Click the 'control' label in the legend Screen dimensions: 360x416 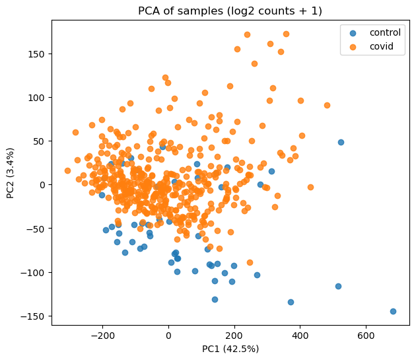pos(385,32)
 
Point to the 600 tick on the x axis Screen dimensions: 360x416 pos(366,333)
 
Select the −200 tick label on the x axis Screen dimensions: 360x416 pos(102,333)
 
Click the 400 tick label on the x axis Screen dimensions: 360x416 pos(300,333)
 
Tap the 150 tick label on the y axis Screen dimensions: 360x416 pos(33,54)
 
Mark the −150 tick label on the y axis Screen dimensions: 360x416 pos(30,316)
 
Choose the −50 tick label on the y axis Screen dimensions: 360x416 pos(33,229)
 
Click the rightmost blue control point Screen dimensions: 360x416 pos(393,311)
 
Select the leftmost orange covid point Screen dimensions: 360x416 pos(67,170)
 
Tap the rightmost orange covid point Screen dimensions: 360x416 pos(327,105)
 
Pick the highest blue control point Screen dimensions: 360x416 pos(341,142)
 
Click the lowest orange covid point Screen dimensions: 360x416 pos(250,262)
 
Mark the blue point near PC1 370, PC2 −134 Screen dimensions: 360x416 pos(291,302)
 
